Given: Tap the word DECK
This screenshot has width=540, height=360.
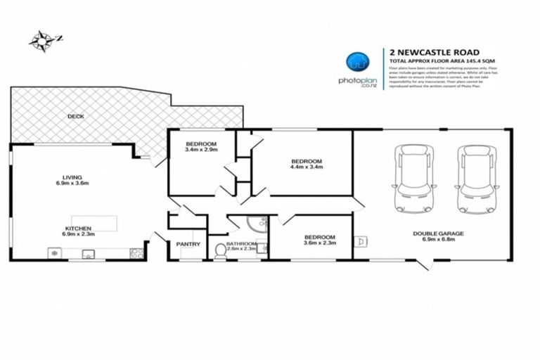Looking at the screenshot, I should tap(75, 116).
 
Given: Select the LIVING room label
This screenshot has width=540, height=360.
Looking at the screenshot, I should tap(72, 176).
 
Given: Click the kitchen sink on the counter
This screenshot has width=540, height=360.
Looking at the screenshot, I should tap(89, 253).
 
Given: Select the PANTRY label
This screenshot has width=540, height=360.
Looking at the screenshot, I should tap(189, 244).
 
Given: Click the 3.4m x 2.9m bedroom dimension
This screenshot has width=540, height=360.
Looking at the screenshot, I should tap(200, 150).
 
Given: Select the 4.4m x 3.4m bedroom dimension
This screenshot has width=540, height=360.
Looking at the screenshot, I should tap(306, 167).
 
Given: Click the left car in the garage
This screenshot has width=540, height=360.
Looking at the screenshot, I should tap(410, 177).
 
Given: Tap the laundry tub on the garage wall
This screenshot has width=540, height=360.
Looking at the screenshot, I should tap(360, 242).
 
